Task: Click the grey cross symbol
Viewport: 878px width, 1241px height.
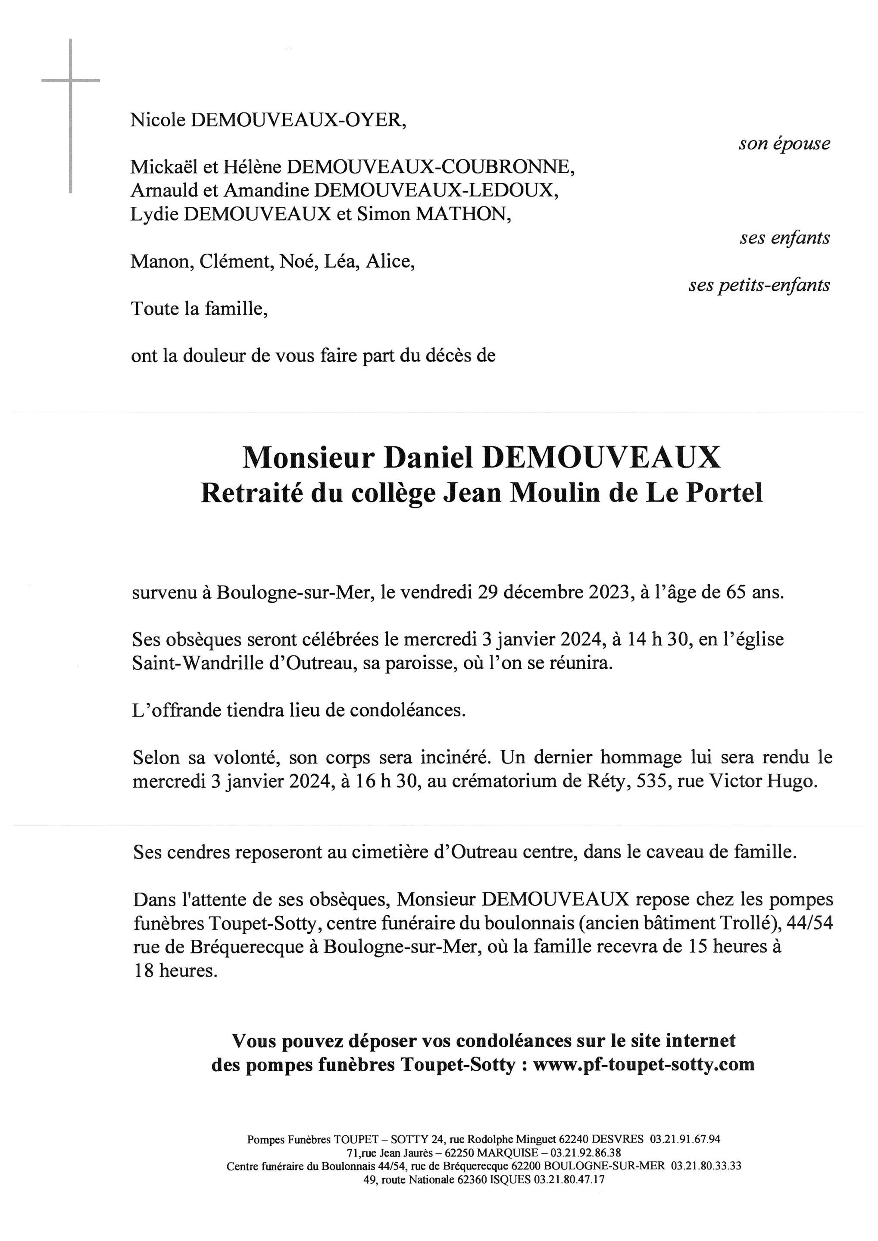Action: point(70,81)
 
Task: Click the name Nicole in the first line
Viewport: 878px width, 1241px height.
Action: point(157,120)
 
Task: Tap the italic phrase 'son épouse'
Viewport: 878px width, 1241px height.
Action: point(784,144)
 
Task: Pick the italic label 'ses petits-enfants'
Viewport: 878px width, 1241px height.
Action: point(759,285)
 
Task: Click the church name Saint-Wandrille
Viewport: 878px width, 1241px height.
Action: point(198,663)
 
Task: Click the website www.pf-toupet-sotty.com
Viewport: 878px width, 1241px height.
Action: point(644,1064)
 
